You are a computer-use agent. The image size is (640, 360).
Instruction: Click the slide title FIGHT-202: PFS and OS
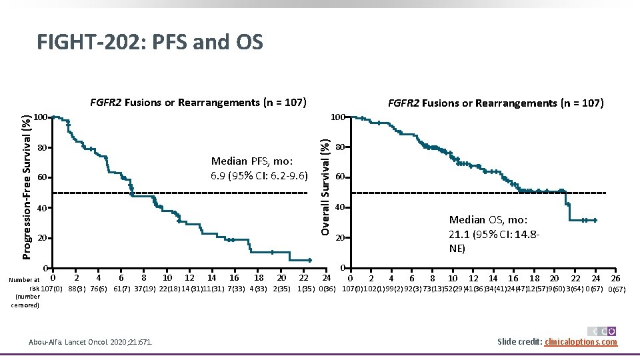point(150,42)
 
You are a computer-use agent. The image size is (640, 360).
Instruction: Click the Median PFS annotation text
point(259,169)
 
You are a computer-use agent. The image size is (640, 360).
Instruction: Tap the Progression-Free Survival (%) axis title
point(25,187)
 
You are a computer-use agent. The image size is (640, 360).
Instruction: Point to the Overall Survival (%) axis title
point(325,186)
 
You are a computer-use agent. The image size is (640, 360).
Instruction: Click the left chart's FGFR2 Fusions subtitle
point(198,103)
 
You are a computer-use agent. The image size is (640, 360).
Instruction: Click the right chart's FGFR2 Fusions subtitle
point(495,103)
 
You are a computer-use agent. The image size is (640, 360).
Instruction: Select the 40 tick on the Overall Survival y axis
point(339,208)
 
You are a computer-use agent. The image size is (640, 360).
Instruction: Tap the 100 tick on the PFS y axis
point(41,118)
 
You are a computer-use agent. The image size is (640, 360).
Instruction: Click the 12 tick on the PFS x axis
point(189,277)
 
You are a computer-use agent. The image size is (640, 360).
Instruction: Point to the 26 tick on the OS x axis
point(615,278)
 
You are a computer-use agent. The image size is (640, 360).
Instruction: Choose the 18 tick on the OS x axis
point(534,278)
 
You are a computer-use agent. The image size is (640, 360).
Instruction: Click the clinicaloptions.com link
point(581,342)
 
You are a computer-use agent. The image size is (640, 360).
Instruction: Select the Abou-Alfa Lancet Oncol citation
point(91,342)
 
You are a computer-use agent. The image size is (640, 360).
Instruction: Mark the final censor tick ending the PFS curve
point(310,260)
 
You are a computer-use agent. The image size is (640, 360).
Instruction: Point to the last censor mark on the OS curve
point(595,220)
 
